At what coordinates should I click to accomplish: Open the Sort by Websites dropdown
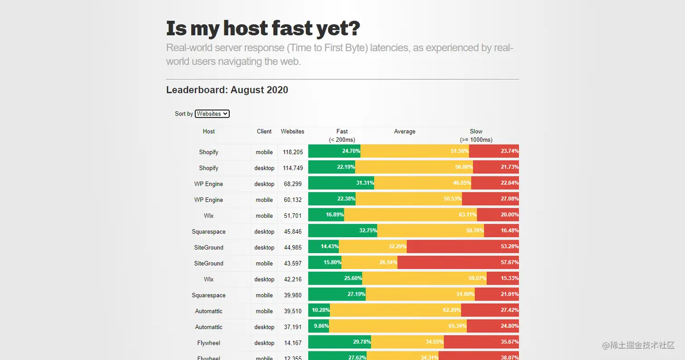[212, 114]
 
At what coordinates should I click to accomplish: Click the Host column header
[209, 131]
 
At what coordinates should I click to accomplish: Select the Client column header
[264, 131]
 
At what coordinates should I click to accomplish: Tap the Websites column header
[293, 131]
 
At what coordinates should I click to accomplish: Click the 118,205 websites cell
[293, 152]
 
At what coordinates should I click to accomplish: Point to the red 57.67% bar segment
[458, 263]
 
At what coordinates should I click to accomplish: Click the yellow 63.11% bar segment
[410, 215]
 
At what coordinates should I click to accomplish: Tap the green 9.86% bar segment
[318, 326]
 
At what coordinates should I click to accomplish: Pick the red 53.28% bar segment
[463, 247]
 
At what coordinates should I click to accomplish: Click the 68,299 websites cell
[293, 184]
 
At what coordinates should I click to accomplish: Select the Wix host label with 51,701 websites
[209, 216]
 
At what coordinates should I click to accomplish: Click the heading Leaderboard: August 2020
[227, 90]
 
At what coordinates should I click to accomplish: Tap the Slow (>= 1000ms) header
[476, 135]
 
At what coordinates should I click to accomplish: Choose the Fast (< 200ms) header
[342, 135]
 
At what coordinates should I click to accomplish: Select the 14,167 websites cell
[293, 343]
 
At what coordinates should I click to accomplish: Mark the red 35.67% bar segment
[481, 342]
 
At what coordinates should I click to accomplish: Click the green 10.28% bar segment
[319, 311]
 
